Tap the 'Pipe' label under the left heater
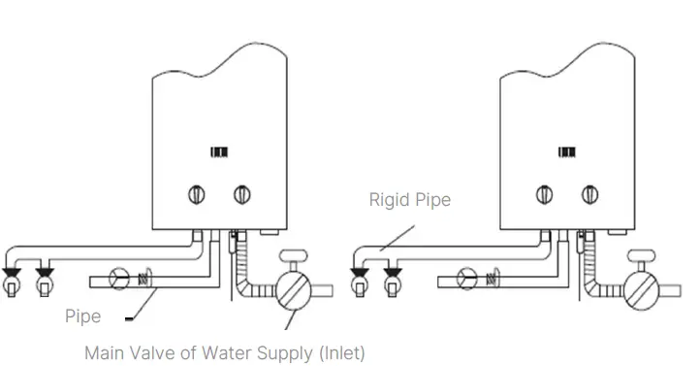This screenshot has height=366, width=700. coord(83,316)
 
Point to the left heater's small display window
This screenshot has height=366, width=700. coord(219,152)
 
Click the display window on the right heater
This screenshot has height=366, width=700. coord(566,152)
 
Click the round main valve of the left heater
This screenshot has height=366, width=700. coord(293,288)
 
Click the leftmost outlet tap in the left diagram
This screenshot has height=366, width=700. coord(14,281)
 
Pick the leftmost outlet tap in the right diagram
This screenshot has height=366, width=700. coord(362,281)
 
